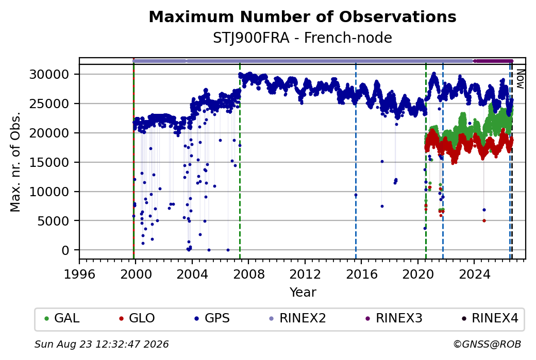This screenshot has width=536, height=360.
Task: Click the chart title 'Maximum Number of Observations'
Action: (x=303, y=16)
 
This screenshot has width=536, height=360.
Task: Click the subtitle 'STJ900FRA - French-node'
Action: (x=303, y=38)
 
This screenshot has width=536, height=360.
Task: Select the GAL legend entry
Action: (x=62, y=318)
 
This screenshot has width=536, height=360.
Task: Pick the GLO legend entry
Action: (x=137, y=318)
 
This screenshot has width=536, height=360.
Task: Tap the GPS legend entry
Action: (x=212, y=318)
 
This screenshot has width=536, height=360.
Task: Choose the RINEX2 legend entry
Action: (x=298, y=318)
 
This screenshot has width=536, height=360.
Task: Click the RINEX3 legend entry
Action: (x=394, y=318)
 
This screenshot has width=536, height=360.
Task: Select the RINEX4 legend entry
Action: (x=490, y=318)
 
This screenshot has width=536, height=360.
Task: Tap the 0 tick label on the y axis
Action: (x=65, y=250)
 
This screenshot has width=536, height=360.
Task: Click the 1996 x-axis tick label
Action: (x=79, y=274)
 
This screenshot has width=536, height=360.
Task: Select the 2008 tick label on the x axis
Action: (x=248, y=274)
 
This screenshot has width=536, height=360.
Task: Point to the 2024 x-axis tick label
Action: (x=475, y=274)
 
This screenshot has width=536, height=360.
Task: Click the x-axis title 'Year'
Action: (x=303, y=293)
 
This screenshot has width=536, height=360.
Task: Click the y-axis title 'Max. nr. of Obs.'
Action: (x=15, y=162)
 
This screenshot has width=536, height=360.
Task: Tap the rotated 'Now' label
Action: (x=520, y=79)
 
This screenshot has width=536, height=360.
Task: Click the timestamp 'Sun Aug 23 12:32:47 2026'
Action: (x=102, y=344)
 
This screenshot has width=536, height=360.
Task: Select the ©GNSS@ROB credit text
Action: (x=487, y=344)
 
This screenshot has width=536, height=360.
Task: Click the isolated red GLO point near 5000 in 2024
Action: (x=484, y=220)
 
